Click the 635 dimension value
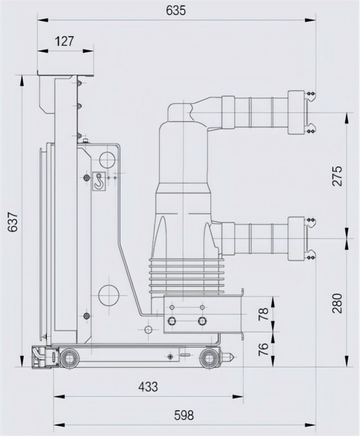(176, 10)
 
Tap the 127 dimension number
(64, 41)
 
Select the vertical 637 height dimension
(13, 222)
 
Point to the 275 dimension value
(338, 175)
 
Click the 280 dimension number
(338, 303)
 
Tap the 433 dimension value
(148, 386)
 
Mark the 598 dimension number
(184, 415)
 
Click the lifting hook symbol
(99, 181)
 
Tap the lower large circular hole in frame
(108, 295)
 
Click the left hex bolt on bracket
(172, 321)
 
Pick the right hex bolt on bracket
(203, 321)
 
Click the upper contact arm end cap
(296, 112)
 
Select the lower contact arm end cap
(296, 239)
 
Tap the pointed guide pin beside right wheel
(229, 356)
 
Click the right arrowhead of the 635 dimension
(310, 20)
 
